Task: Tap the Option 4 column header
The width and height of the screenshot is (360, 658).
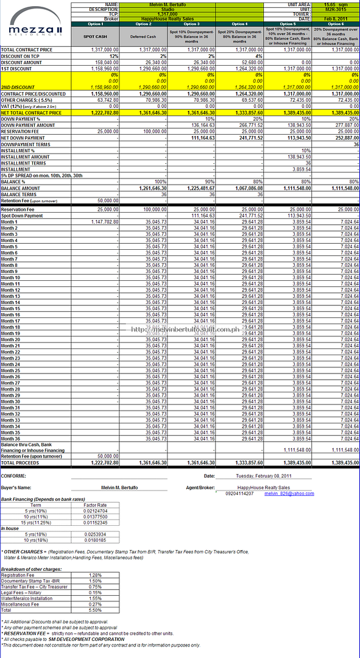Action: point(239,24)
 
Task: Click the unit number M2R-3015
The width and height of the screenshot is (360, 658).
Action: point(336,9)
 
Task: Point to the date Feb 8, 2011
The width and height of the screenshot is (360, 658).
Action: point(336,19)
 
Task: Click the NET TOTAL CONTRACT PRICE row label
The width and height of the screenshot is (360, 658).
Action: point(31,113)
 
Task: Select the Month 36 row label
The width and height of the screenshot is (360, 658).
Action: point(10,439)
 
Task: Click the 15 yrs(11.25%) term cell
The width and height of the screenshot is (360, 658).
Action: point(36,523)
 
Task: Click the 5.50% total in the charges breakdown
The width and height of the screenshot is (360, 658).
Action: point(94,609)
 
